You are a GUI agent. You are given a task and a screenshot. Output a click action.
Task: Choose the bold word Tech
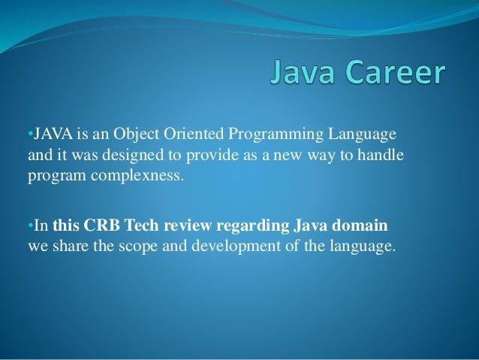pos(142,226)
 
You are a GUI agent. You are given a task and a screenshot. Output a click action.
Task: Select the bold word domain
pos(363,226)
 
